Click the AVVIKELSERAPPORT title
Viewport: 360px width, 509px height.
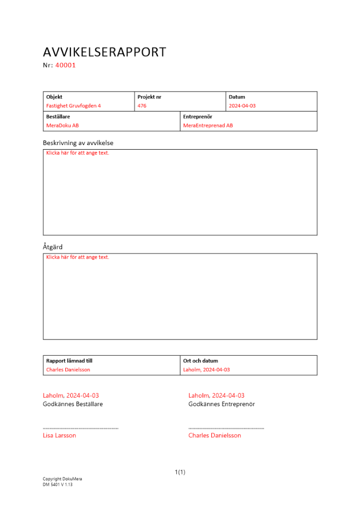coord(104,52)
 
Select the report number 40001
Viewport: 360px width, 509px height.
coord(65,65)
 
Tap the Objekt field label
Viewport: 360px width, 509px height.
coord(54,97)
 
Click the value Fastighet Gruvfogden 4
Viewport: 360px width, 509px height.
coord(73,106)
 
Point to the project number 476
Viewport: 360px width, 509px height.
coord(142,106)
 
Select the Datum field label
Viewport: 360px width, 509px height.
coord(237,97)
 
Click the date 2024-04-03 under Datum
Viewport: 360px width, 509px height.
coord(242,106)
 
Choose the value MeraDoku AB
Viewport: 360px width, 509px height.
coord(62,125)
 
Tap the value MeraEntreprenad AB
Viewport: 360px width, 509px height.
coord(208,125)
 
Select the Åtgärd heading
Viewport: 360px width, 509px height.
coord(52,247)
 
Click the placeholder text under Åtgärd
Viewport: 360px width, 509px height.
coord(77,257)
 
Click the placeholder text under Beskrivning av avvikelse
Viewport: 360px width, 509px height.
coord(77,153)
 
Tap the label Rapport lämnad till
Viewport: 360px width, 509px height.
coord(69,360)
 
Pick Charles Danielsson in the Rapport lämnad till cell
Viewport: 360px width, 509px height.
coord(68,370)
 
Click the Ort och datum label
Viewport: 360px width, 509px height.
coord(201,360)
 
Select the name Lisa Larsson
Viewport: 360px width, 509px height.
coord(59,436)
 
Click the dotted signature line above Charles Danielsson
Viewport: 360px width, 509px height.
coord(226,429)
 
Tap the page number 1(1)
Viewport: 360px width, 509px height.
coord(180,472)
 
